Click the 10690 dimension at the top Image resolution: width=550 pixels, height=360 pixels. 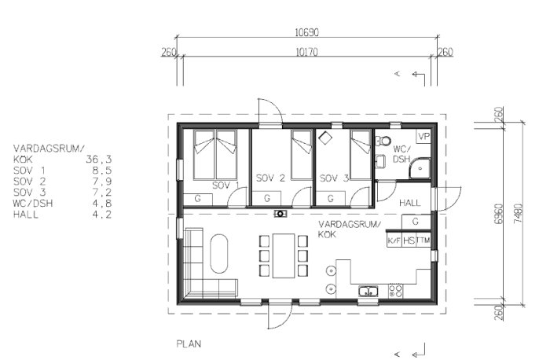pos(307,33)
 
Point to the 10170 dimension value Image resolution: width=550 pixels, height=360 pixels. pos(307,53)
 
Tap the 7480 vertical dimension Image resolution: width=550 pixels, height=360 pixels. pos(518,213)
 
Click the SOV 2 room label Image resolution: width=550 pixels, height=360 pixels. pos(270,178)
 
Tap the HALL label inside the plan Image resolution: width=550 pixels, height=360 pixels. pos(409,203)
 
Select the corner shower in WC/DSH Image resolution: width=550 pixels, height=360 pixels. pos(420,169)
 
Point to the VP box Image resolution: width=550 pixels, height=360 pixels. pos(423,136)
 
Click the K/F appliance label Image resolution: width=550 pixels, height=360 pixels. pos(394,241)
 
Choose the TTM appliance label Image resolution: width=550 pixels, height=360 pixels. pos(423,241)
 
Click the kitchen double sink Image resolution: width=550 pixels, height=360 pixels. pos(368,292)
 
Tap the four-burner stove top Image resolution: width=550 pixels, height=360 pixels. pos(395,292)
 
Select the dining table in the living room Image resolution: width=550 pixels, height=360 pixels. pos(284,255)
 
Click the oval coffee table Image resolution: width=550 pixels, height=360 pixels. pos(219,254)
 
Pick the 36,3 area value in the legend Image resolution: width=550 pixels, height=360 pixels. pos(98,160)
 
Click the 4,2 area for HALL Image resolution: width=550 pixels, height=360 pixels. pos(102,215)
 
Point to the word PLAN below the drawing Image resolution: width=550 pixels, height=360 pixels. pos(189,343)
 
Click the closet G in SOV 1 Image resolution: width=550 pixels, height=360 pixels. pos(197,199)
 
